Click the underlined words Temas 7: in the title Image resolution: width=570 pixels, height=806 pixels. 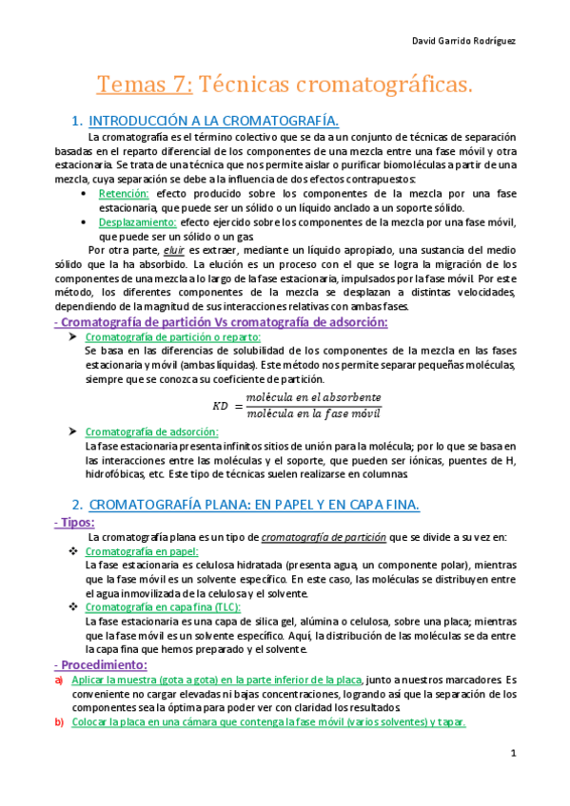click(145, 86)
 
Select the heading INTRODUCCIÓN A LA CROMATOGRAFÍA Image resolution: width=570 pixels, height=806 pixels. click(213, 121)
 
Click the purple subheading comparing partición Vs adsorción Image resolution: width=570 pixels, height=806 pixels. click(221, 322)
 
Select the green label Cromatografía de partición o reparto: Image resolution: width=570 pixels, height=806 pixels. click(173, 337)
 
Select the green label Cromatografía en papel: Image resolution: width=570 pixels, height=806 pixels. click(142, 551)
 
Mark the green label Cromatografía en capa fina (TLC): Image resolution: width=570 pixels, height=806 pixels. click(164, 607)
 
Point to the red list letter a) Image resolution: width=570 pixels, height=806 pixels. click(59, 680)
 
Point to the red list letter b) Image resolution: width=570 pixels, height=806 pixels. click(59, 721)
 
